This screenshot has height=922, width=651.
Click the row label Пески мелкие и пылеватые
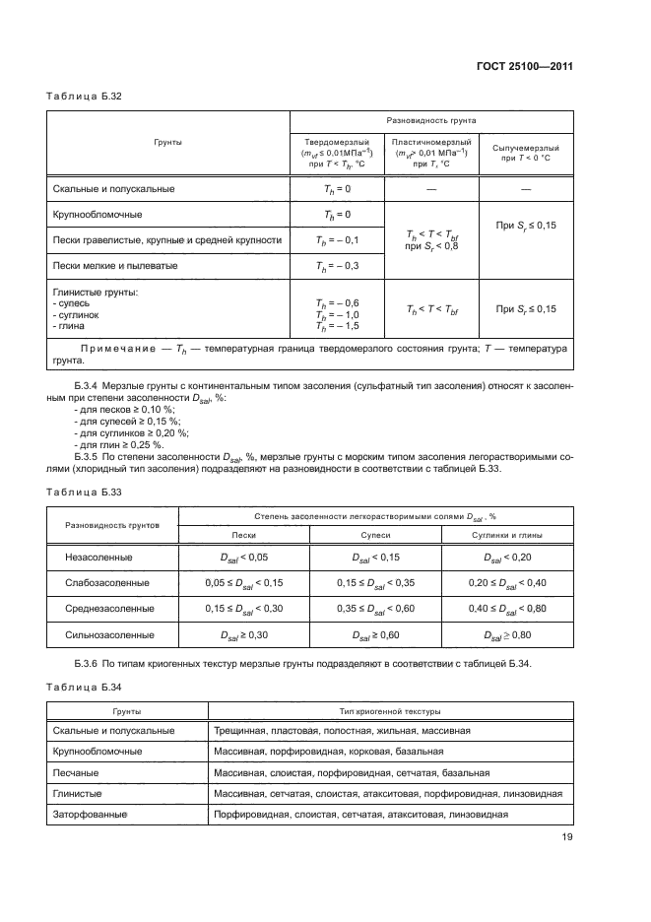[x=117, y=266]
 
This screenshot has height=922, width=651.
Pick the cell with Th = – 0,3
[x=337, y=266]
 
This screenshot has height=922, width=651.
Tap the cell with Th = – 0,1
[x=337, y=239]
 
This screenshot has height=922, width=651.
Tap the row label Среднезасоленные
[x=107, y=609]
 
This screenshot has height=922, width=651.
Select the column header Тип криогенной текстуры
[x=390, y=710]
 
